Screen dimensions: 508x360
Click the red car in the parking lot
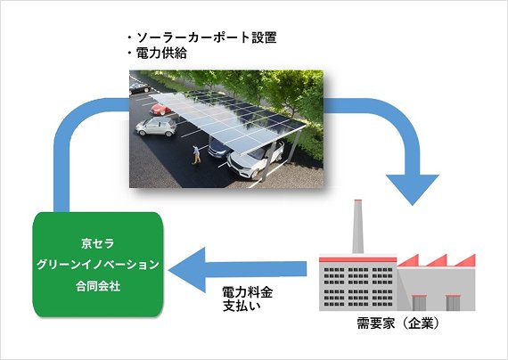[160, 110]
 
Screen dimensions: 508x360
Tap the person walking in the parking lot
[196, 154]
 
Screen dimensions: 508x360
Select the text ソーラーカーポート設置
[207, 37]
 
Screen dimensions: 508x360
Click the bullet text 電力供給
[161, 53]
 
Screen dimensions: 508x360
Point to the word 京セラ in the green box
[98, 243]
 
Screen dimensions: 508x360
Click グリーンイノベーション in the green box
[98, 265]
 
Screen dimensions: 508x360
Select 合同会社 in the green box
[98, 286]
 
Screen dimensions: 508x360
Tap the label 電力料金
[248, 292]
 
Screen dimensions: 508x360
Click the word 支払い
[242, 306]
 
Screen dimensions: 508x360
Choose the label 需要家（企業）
[398, 323]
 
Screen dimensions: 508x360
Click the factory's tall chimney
[357, 226]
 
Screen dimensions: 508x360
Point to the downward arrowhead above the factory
[412, 190]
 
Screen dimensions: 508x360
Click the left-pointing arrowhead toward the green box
[187, 270]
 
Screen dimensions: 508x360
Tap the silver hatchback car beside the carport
[156, 127]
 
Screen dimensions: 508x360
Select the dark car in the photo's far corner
[140, 88]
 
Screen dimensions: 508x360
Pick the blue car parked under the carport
[220, 147]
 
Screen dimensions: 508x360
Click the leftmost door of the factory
[419, 303]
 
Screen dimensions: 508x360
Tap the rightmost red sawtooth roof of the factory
[464, 260]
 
